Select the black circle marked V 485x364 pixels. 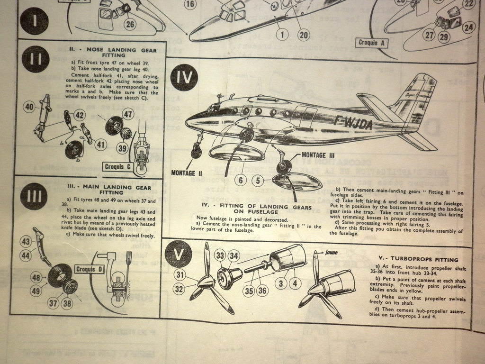[x=178, y=255]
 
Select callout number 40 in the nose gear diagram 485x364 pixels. [x=29, y=107]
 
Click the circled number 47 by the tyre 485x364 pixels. [x=127, y=113]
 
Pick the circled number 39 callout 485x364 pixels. [x=123, y=149]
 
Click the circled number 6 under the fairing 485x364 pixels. [x=241, y=180]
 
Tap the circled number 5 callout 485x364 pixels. [x=258, y=180]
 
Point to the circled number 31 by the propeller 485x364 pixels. [x=180, y=274]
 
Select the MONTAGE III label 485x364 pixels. [x=318, y=155]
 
